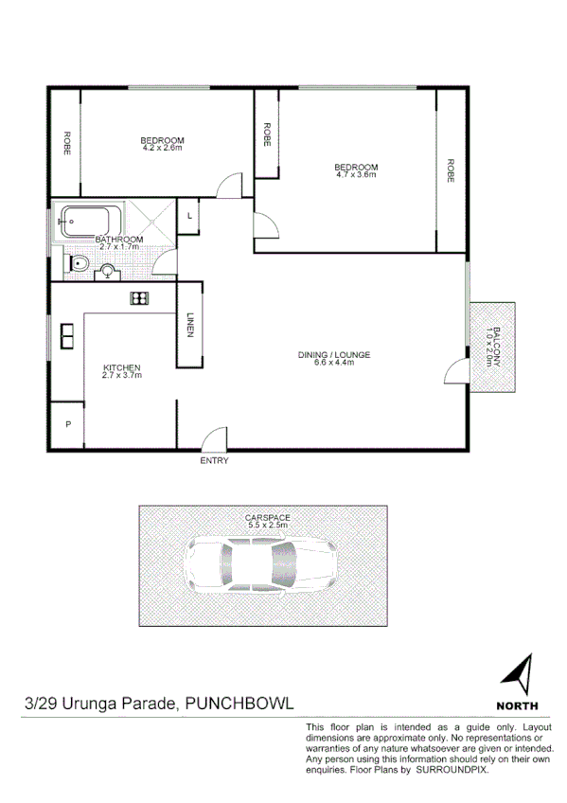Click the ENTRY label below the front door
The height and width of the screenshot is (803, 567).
pos(214,461)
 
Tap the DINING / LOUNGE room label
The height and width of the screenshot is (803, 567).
pos(334,355)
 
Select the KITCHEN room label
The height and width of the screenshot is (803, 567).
pos(122,367)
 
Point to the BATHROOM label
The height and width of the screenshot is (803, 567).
pos(119,240)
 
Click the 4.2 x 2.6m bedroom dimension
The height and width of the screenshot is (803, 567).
pos(163,148)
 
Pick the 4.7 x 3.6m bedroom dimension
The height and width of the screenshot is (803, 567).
pos(356,175)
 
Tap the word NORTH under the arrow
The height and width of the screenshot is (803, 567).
pos(517,705)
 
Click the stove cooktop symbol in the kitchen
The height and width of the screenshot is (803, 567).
pos(139,299)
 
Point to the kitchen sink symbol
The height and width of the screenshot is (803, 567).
pos(69,336)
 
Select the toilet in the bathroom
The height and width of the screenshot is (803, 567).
pos(80,263)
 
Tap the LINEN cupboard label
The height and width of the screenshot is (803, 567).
pos(190,325)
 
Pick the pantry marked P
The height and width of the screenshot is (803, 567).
pos(68,425)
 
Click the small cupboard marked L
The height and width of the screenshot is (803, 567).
pos(190,216)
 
